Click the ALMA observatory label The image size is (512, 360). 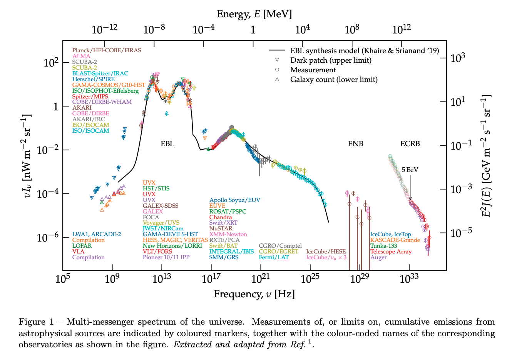coord(81,56)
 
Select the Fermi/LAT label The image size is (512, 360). coord(274,257)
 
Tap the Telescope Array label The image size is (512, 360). coord(391,252)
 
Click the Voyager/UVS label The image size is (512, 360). coord(161,223)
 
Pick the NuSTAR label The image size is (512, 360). coord(221,228)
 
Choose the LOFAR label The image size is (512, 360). coord(82,246)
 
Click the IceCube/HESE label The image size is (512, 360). coord(326,252)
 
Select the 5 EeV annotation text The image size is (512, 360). coord(410,170)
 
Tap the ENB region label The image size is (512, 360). coord(355,144)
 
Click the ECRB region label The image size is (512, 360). coord(410,144)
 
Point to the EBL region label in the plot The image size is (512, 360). coord(167,144)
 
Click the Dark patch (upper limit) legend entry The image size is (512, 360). coord(331,60)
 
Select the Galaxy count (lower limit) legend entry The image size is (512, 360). coord(334,80)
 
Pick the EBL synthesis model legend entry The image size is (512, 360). coord(364,51)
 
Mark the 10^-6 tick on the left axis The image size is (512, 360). coord(48,237)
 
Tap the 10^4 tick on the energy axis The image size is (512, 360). coord(303,30)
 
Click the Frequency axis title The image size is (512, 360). coord(254,294)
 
